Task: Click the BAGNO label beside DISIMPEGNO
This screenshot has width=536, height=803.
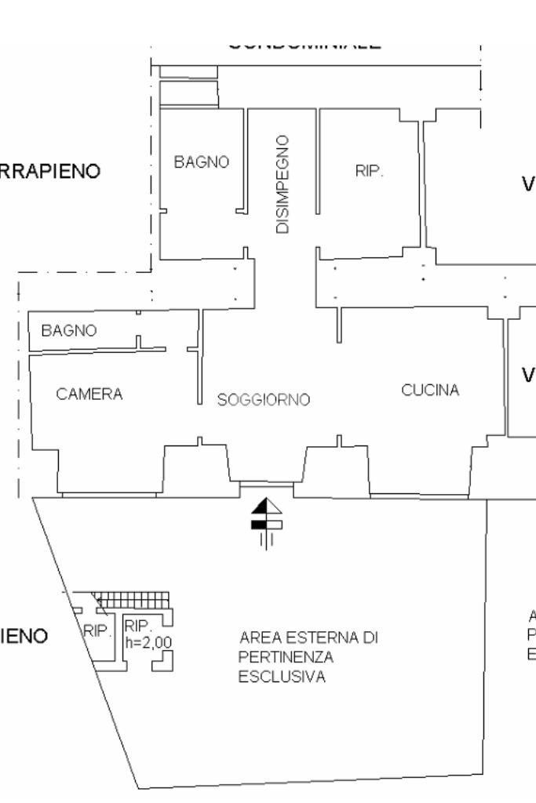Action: [202, 162]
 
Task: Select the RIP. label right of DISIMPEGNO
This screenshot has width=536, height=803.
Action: [370, 172]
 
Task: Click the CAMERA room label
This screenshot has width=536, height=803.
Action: [89, 394]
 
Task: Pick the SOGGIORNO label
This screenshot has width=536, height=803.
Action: [264, 400]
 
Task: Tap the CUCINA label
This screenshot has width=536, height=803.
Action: [430, 390]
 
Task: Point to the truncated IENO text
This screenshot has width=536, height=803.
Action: [24, 635]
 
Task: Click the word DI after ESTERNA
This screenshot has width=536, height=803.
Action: [371, 638]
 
